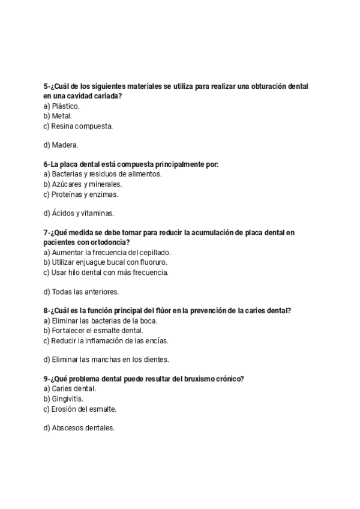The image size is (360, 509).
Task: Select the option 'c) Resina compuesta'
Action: (x=78, y=126)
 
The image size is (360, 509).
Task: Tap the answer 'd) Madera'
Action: (x=61, y=145)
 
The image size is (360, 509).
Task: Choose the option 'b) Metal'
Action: (x=58, y=116)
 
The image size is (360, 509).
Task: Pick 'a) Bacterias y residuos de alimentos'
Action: (x=103, y=174)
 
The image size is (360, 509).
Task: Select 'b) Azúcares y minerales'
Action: (x=82, y=184)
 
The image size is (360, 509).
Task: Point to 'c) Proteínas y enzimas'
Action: (x=81, y=194)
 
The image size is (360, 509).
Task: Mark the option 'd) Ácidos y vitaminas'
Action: (x=79, y=213)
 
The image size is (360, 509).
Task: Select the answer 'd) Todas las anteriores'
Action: (x=81, y=292)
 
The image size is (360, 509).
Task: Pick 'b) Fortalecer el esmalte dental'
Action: (x=93, y=331)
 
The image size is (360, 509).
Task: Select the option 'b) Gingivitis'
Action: (x=64, y=399)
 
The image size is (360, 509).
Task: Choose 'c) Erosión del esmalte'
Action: (x=80, y=409)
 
